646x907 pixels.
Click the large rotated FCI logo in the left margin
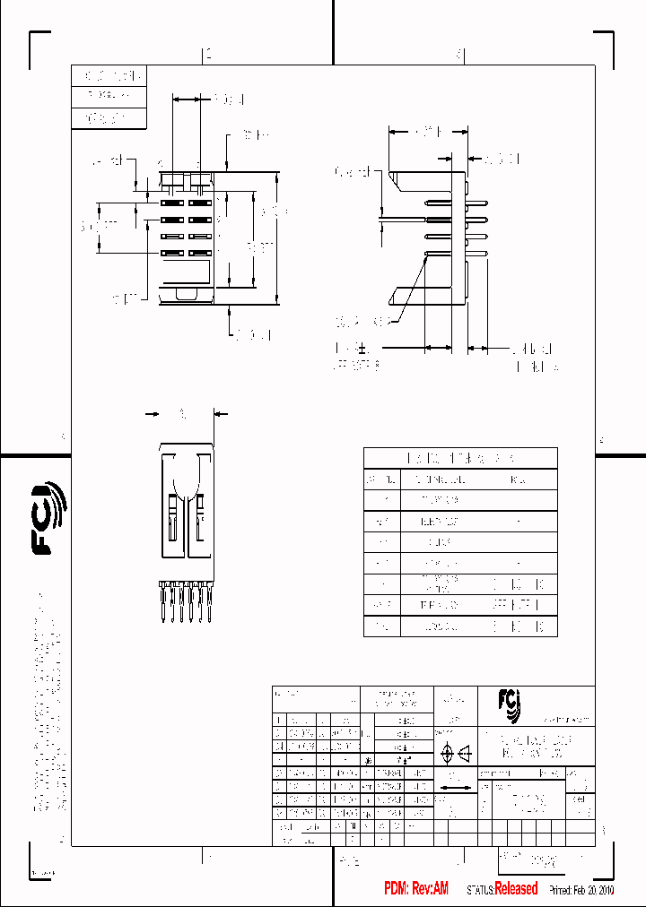coord(49,519)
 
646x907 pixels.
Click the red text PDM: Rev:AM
coord(415,888)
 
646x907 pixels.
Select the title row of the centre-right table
coord(460,458)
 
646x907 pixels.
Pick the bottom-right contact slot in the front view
coord(198,253)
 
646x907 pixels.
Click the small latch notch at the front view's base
coord(185,293)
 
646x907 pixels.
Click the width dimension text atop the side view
coord(426,131)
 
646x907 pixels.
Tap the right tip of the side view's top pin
coord(486,203)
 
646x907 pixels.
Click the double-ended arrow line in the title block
coord(457,789)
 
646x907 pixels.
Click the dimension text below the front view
coord(254,334)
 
